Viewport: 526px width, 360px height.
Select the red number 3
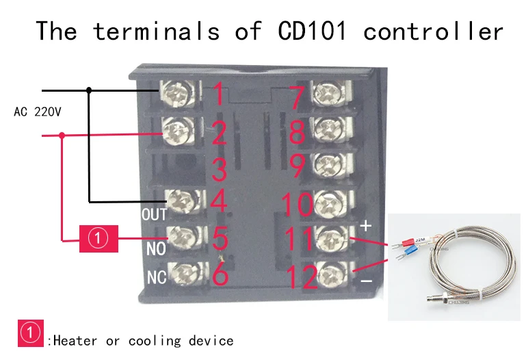point(219,168)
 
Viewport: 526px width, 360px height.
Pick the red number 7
point(296,97)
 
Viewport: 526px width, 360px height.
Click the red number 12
point(301,277)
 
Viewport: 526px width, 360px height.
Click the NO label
point(156,248)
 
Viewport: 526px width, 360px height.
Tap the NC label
point(157,278)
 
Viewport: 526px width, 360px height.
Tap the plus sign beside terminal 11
point(365,225)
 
